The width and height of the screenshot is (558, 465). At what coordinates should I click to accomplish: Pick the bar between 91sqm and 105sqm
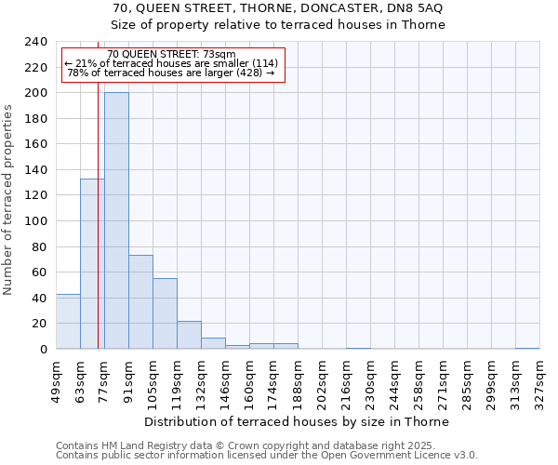(x=140, y=302)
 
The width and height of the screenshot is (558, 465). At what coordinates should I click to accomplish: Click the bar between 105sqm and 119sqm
(x=165, y=313)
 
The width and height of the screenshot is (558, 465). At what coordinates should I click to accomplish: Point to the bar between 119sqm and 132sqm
(x=189, y=335)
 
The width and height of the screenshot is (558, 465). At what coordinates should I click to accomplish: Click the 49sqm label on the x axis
(x=56, y=378)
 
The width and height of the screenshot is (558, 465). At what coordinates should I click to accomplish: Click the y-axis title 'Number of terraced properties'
(x=8, y=199)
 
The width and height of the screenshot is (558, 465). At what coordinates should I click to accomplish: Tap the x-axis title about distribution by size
(x=297, y=421)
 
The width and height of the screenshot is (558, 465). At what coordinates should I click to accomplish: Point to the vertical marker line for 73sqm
(x=98, y=232)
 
